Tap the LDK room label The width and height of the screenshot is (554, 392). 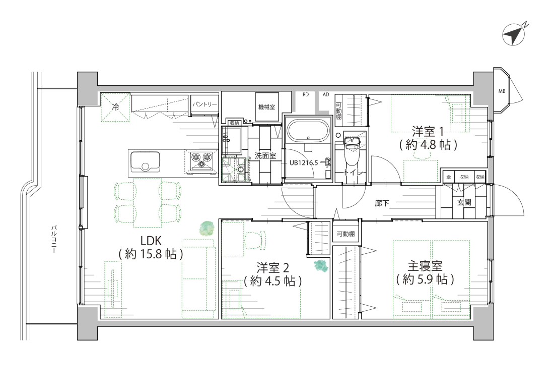tap(151, 241)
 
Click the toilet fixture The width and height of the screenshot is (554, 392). tap(352, 151)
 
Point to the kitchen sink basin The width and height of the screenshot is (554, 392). tap(146, 162)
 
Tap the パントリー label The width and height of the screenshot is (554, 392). tap(204, 104)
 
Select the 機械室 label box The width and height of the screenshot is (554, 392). tap(267, 106)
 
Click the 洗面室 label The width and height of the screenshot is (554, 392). tap(266, 156)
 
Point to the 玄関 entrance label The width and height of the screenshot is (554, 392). tap(464, 202)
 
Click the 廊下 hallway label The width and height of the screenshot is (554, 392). tap(382, 203)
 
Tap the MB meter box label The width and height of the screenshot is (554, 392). tap(502, 91)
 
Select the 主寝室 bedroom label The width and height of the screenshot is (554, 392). tap(425, 266)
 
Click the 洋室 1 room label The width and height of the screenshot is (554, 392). tap(428, 132)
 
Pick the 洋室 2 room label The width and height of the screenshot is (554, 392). tap(273, 268)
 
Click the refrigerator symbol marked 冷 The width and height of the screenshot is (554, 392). tap(115, 107)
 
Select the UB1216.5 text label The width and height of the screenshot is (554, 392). tap(304, 163)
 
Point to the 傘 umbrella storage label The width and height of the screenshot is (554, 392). tap(448, 177)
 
